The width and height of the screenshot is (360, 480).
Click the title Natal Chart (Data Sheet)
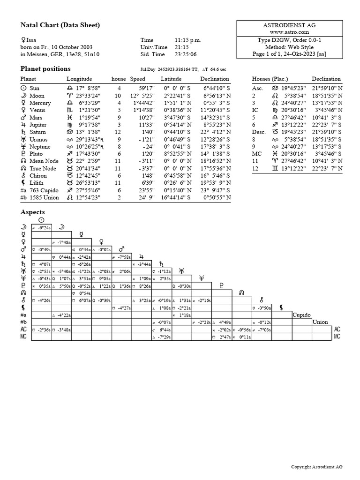point(60,25)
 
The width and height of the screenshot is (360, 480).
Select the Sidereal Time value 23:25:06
point(187,54)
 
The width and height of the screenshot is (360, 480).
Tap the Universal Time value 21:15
point(182,47)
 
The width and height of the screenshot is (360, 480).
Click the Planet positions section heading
point(45,68)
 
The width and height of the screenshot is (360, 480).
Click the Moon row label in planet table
point(37,95)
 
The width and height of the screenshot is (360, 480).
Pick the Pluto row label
point(36,154)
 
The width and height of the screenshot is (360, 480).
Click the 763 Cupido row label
point(42,190)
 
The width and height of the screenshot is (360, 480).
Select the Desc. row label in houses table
point(259,132)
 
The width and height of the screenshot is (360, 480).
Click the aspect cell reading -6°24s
point(41,227)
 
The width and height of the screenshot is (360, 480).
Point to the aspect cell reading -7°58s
point(121,257)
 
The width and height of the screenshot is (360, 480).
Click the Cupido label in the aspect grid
point(302,315)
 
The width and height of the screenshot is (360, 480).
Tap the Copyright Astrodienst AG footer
point(316,467)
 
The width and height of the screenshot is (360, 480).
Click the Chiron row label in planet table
point(37,176)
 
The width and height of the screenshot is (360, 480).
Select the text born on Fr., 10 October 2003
point(56,47)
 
